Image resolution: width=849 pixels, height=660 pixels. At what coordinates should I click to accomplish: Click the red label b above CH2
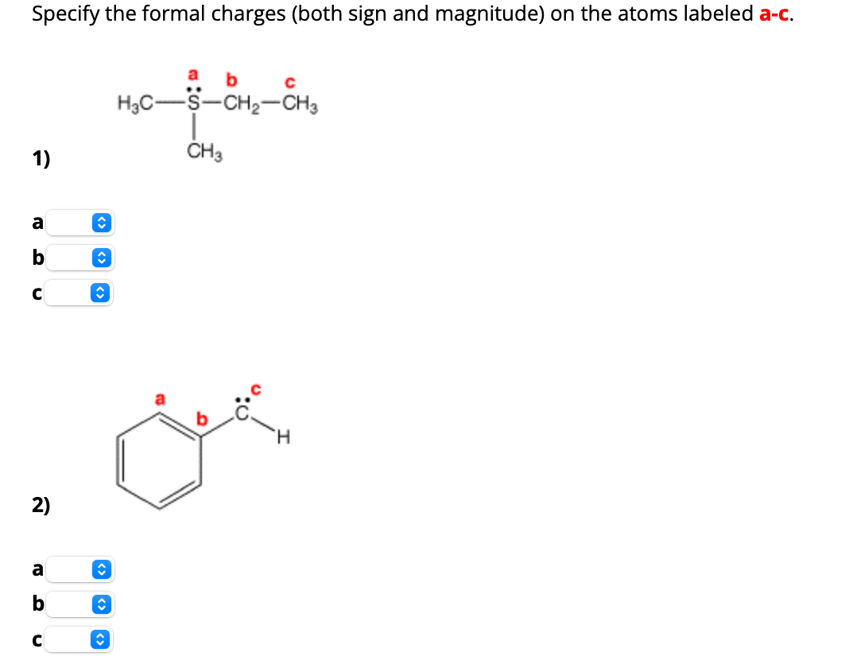[231, 80]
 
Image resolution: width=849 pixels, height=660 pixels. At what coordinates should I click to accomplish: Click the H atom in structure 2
[285, 436]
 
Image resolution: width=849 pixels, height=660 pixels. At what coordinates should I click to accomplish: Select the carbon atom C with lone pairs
[245, 413]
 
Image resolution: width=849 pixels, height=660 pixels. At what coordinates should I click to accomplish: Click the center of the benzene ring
[159, 464]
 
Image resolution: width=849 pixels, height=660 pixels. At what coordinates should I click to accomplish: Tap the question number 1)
[41, 159]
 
